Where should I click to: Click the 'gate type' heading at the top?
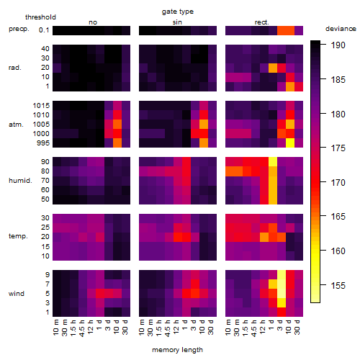[178, 12]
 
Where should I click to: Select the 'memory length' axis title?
[177, 350]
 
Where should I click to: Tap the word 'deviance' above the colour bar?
[341, 29]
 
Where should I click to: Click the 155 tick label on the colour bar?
[338, 285]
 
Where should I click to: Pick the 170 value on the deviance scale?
[338, 183]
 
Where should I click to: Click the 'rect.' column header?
[261, 22]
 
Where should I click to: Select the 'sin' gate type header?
[177, 22]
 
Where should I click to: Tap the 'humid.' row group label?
[20, 181]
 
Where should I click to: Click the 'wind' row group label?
[17, 294]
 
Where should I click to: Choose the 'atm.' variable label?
[16, 125]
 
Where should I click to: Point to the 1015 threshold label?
[41, 106]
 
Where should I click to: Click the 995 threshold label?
[43, 143]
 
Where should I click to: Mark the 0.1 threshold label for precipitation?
[44, 30]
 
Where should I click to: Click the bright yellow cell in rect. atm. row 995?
[290, 143]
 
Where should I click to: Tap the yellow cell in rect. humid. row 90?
[273, 162]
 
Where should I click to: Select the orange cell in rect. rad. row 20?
[273, 68]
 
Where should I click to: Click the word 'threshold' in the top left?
[40, 17]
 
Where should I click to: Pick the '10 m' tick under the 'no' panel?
[56, 328]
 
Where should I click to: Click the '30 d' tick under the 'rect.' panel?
[297, 328]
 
